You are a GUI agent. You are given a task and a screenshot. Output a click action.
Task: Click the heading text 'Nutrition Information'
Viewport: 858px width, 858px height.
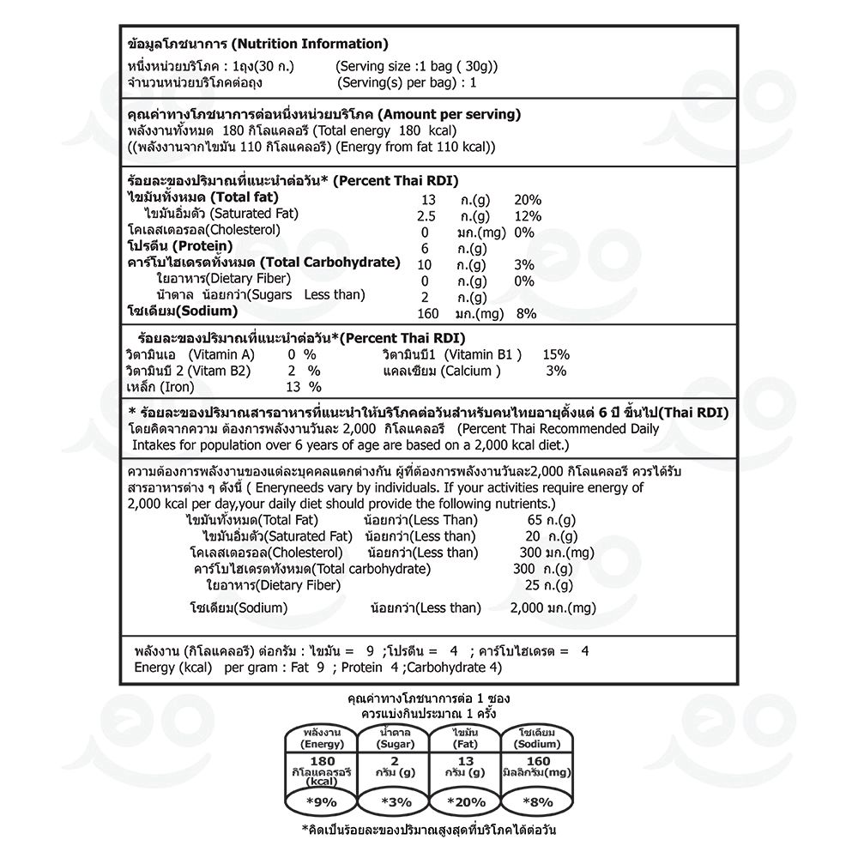pyautogui.click(x=310, y=44)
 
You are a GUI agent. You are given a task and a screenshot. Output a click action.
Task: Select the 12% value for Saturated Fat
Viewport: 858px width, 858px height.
pyautogui.click(x=527, y=215)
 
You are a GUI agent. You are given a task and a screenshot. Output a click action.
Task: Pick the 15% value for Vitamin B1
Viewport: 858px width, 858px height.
pyautogui.click(x=556, y=354)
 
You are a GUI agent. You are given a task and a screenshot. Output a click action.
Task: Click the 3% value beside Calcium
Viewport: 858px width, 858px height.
pyautogui.click(x=556, y=371)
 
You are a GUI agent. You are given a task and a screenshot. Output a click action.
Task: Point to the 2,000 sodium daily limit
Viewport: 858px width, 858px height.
pyautogui.click(x=531, y=608)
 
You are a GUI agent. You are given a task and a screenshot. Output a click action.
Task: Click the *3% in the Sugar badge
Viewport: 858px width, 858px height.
pyautogui.click(x=396, y=802)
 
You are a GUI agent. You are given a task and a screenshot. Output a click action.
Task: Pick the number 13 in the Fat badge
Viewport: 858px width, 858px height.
pyautogui.click(x=466, y=761)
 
